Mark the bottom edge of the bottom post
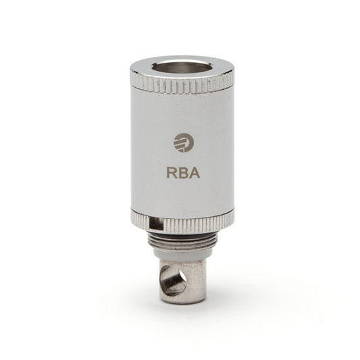(x=182, y=301)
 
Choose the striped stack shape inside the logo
(x=179, y=143)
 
